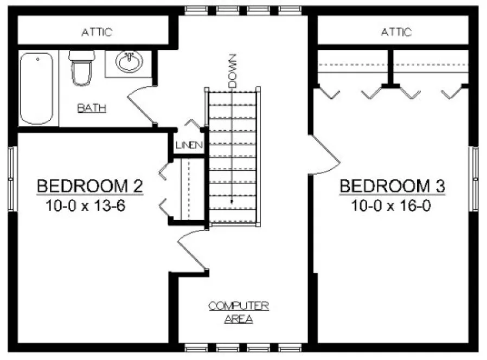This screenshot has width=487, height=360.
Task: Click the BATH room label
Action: [x=92, y=108]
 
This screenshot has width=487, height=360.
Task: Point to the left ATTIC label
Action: [x=97, y=33]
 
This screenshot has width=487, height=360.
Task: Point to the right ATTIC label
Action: [x=396, y=33]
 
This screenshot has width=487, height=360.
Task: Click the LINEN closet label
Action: [x=189, y=145]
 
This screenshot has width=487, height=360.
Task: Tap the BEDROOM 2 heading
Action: [x=89, y=186]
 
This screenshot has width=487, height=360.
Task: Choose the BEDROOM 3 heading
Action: [x=392, y=186]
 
